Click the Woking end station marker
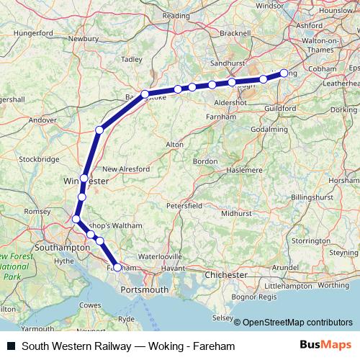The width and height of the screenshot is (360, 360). (x=284, y=73)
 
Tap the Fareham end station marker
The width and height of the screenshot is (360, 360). (x=117, y=267)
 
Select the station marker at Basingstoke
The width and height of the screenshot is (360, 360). (x=145, y=94)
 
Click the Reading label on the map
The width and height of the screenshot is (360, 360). (x=176, y=15)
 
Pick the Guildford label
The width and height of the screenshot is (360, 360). (x=280, y=108)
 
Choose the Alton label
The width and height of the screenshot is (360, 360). (x=175, y=145)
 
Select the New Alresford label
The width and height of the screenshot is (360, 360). (x=126, y=169)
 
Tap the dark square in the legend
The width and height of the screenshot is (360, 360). (x=11, y=346)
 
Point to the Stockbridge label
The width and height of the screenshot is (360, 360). (x=39, y=158)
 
